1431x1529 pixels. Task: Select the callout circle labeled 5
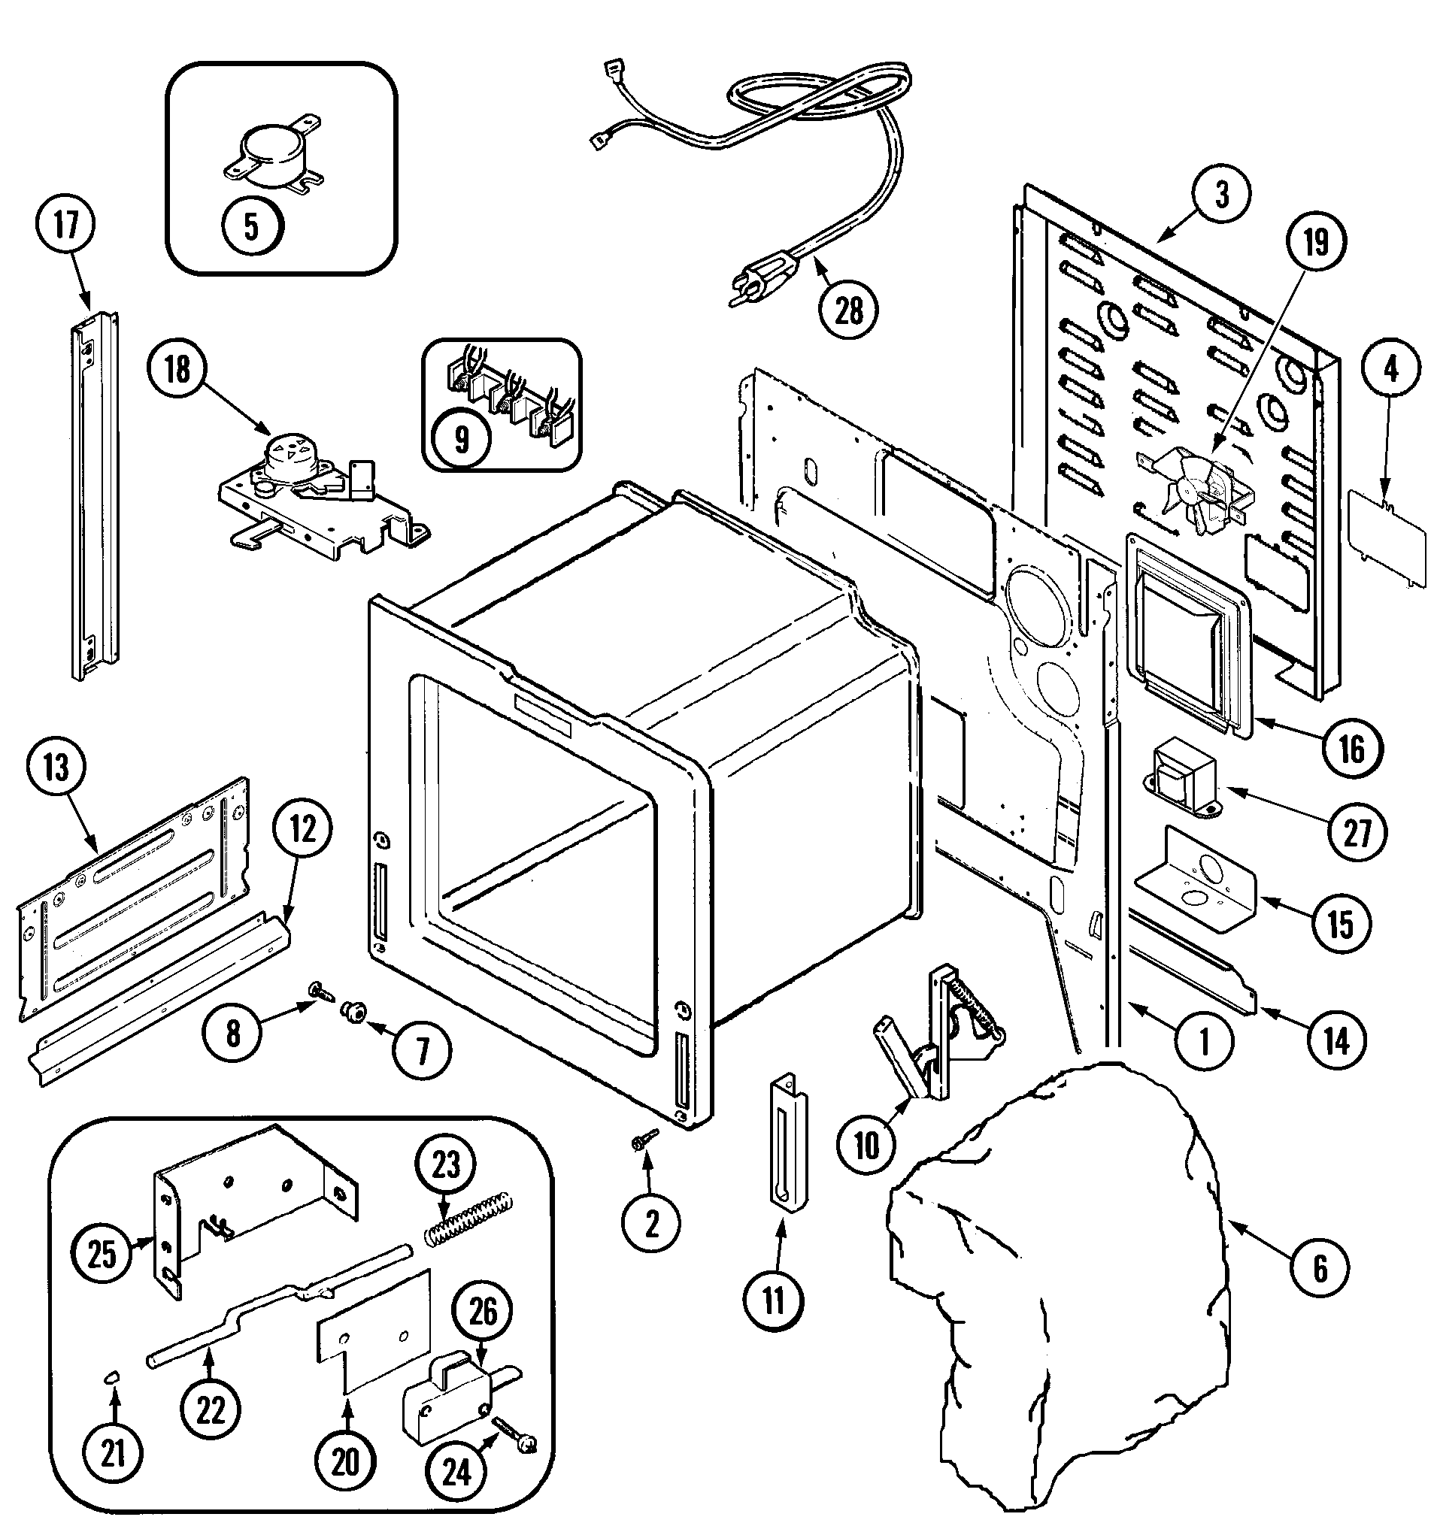coord(252,227)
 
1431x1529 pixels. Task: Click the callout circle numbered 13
coord(56,768)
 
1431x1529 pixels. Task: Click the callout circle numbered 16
coord(1352,746)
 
